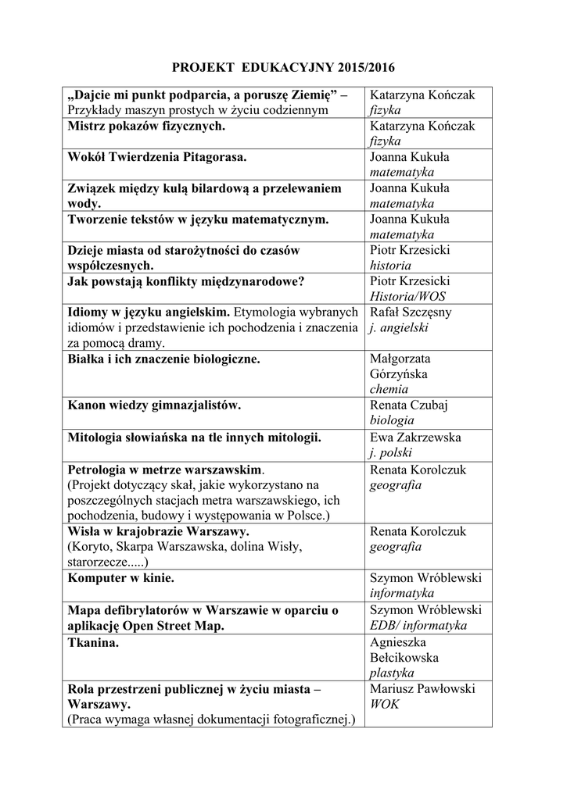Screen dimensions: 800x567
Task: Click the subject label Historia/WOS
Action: (407, 296)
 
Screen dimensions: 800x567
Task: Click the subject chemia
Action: (389, 389)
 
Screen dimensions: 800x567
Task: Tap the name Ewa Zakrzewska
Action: (416, 437)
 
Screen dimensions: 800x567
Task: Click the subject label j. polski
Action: (391, 453)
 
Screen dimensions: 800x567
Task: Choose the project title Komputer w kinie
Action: (121, 578)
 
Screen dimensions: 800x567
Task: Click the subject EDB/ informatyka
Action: (418, 625)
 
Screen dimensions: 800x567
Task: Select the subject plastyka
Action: (392, 672)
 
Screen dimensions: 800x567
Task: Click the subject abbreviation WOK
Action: (385, 704)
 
